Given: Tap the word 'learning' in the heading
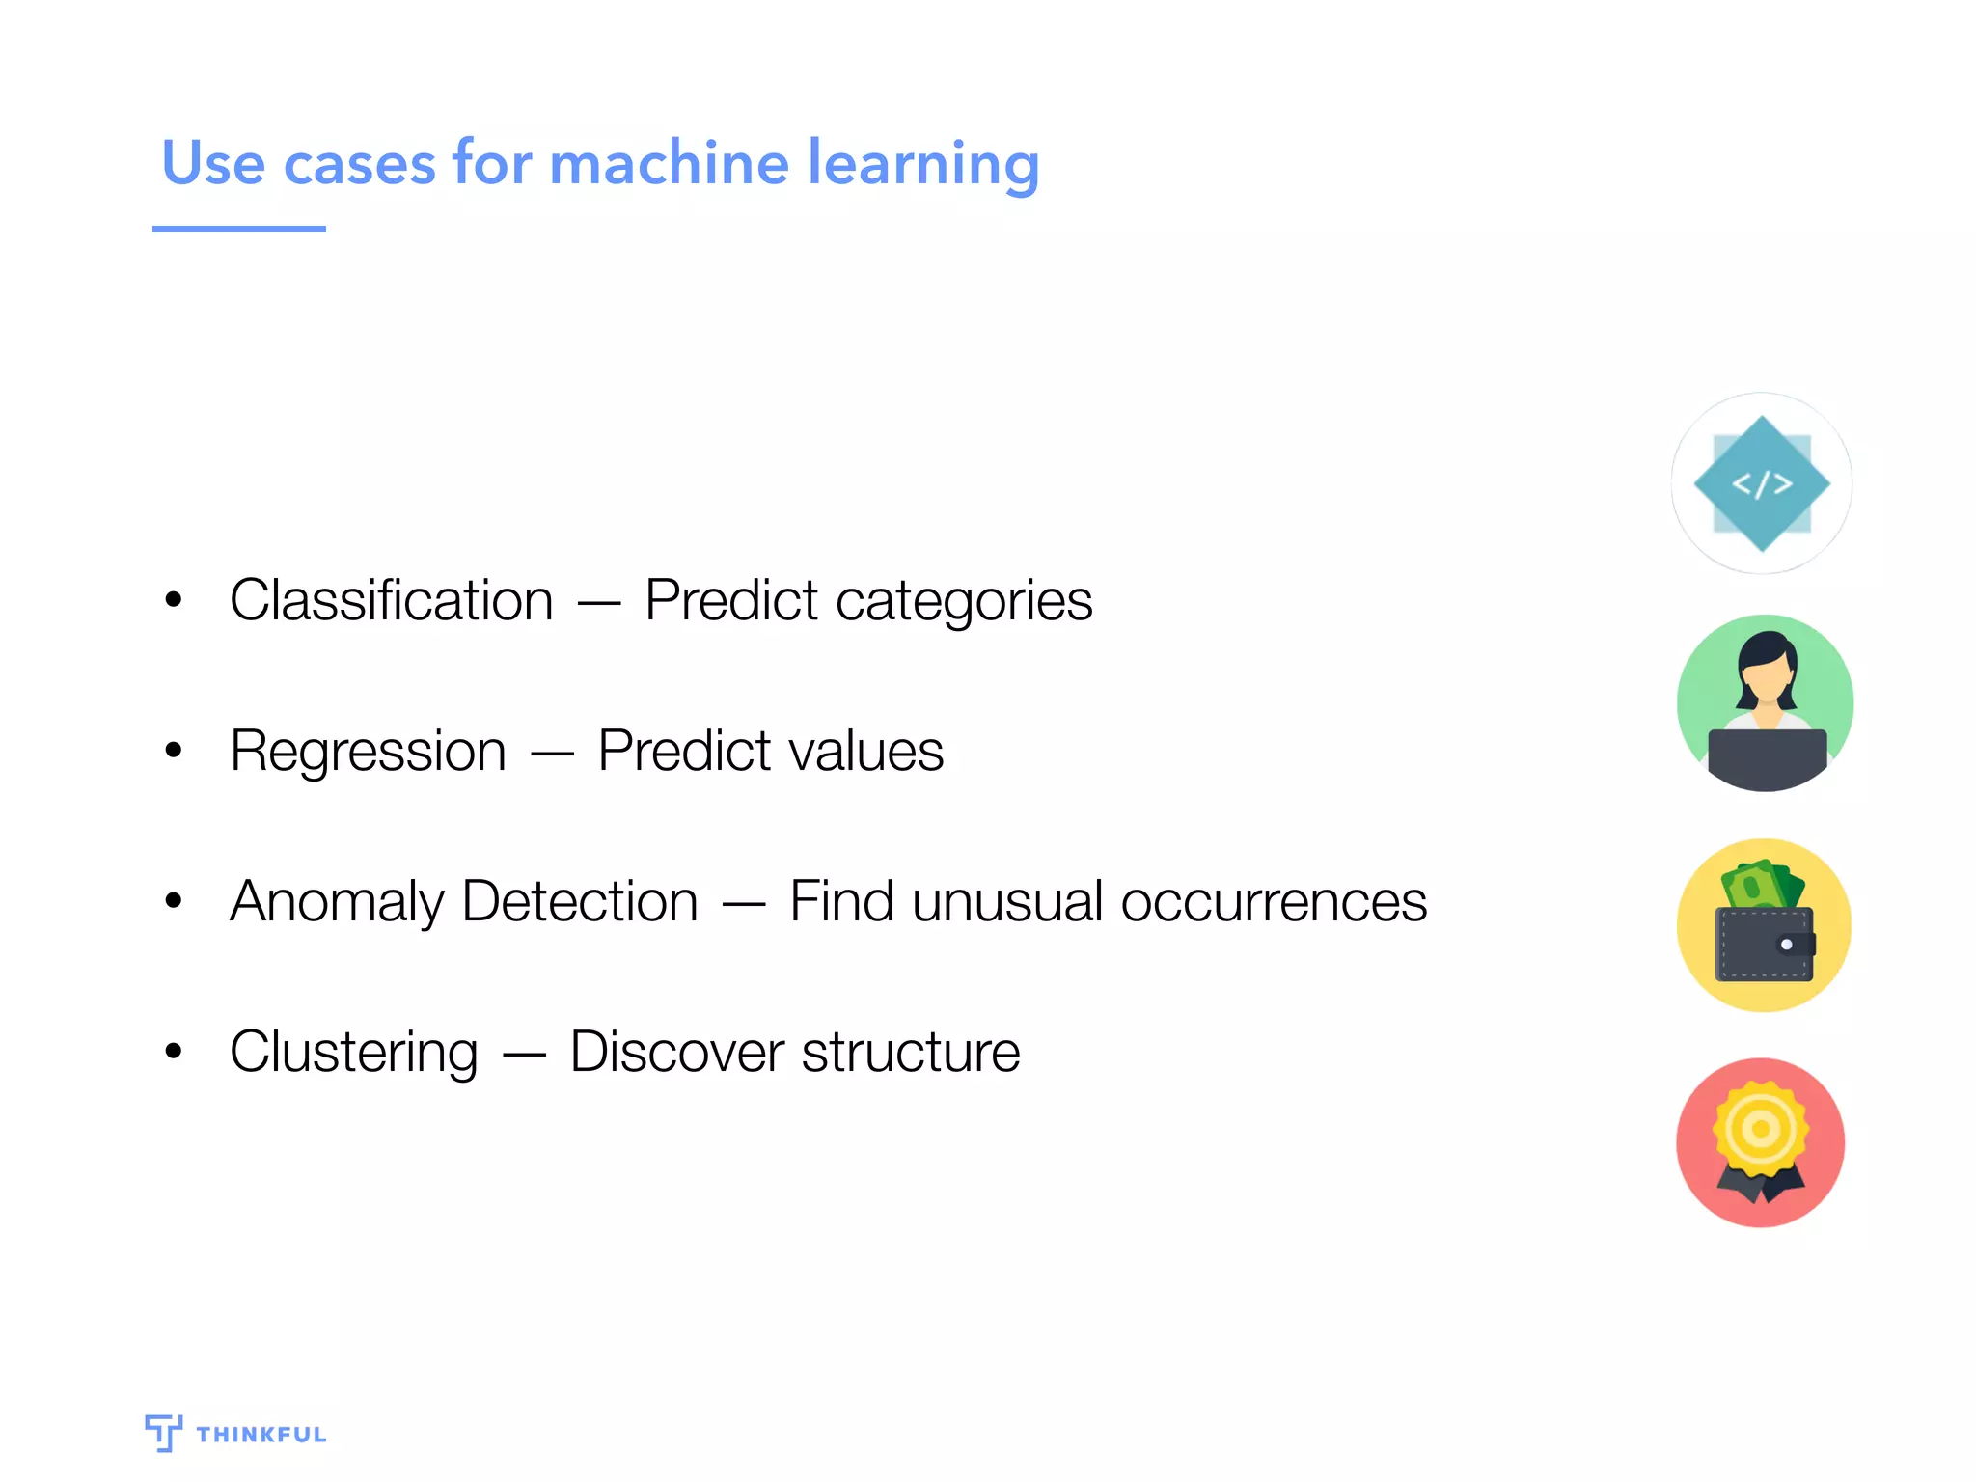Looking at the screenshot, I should point(923,164).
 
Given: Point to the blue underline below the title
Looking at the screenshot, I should point(238,229).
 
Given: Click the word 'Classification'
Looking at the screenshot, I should point(391,600).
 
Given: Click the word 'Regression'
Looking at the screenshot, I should point(368,751).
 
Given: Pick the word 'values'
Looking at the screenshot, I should point(865,751).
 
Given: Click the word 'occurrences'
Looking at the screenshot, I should point(1274,901).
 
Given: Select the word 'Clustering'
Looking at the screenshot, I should point(353,1053).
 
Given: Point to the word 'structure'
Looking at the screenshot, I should point(910,1052).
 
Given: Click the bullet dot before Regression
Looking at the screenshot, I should point(174,750).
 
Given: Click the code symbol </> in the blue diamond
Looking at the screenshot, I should point(1762,483).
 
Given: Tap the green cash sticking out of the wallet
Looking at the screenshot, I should point(1761,884).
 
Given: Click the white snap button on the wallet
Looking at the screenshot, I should point(1786,945).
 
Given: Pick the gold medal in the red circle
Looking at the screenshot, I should point(1761,1129).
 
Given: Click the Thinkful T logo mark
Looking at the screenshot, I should point(163,1432).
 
